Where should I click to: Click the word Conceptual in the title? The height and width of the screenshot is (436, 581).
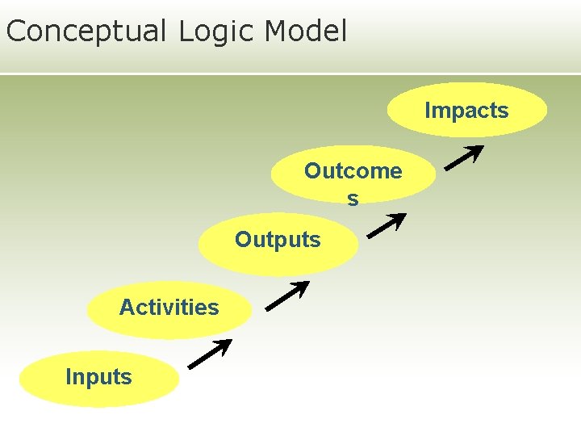click(x=85, y=31)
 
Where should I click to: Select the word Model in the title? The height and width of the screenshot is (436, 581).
click(x=306, y=31)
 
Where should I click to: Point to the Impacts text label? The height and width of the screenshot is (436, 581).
click(x=466, y=111)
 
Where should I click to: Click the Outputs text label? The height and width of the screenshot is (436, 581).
click(x=278, y=240)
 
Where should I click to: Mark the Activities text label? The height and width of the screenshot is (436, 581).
click(x=169, y=308)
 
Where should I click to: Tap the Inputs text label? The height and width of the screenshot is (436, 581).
click(x=98, y=377)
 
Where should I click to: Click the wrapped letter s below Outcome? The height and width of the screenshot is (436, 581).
click(x=353, y=198)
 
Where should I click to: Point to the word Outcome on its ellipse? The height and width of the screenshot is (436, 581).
click(x=353, y=171)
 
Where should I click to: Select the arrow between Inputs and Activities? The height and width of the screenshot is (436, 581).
click(x=210, y=354)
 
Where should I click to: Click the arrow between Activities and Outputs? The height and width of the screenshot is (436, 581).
click(x=287, y=296)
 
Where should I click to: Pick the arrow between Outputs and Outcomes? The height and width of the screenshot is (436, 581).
click(x=386, y=226)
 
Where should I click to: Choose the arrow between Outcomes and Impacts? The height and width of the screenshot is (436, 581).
click(x=464, y=157)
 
